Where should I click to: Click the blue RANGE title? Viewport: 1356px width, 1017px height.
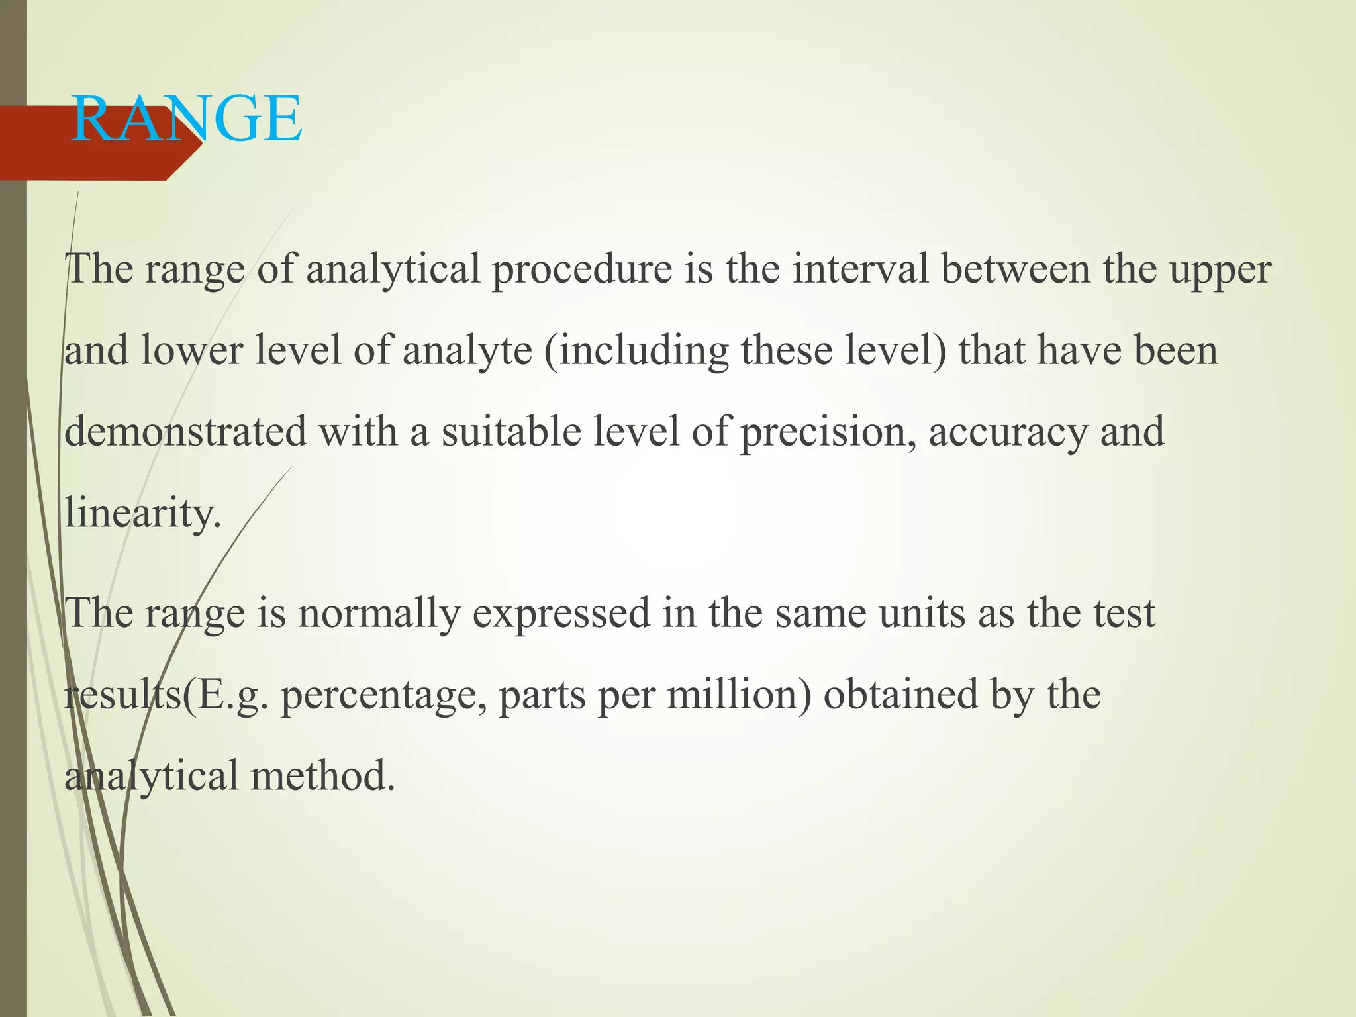click(186, 120)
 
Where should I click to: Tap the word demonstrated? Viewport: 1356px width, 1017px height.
click(186, 432)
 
